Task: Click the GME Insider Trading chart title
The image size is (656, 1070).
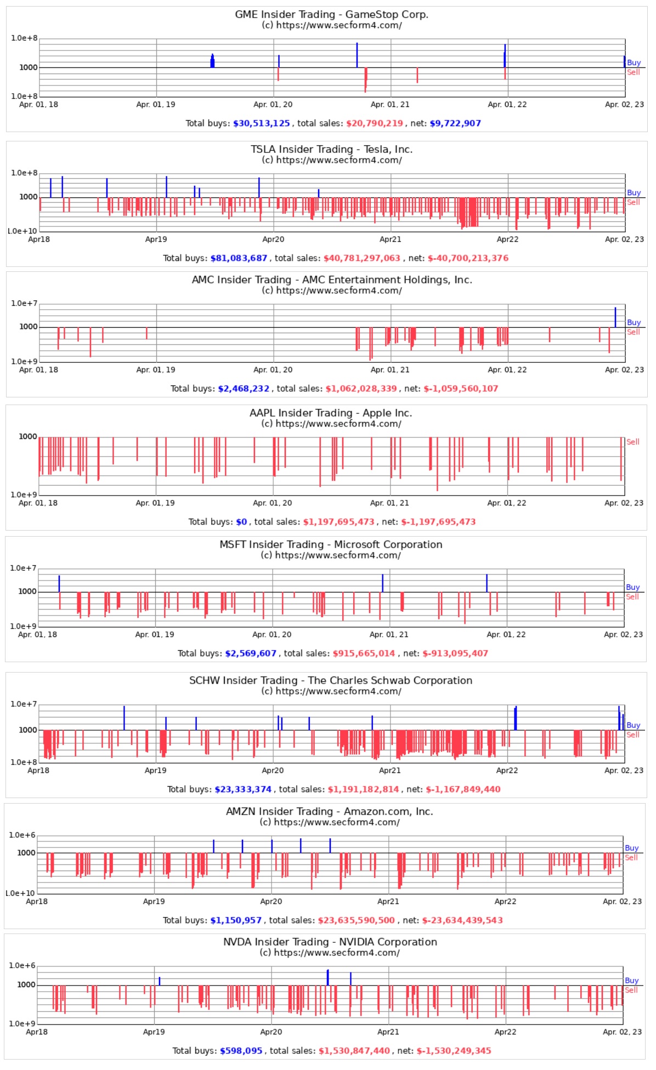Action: [331, 14]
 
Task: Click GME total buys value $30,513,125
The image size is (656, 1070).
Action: [261, 123]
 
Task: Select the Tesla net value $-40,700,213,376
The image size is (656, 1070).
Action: [468, 258]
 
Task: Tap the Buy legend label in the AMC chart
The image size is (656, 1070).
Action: [634, 322]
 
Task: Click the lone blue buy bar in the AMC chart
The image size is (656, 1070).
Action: [615, 317]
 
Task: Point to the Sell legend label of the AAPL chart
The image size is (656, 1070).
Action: [632, 442]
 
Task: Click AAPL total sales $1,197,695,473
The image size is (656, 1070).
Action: [338, 522]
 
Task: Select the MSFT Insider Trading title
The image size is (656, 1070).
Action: [331, 544]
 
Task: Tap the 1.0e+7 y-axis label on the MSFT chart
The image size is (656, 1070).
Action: [23, 568]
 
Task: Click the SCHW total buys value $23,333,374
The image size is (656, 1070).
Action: [242, 789]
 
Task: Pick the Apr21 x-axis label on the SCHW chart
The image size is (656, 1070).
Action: [389, 770]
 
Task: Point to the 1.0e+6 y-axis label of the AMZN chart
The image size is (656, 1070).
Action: [22, 835]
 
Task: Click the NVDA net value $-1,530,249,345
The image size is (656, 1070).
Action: [454, 1051]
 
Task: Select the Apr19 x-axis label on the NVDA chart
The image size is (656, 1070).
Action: [154, 1032]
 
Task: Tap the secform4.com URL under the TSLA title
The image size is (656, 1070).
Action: [331, 160]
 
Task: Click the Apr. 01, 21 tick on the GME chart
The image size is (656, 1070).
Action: [389, 104]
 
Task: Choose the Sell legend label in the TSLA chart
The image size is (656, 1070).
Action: [633, 202]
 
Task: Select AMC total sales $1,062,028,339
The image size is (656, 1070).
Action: [361, 389]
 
